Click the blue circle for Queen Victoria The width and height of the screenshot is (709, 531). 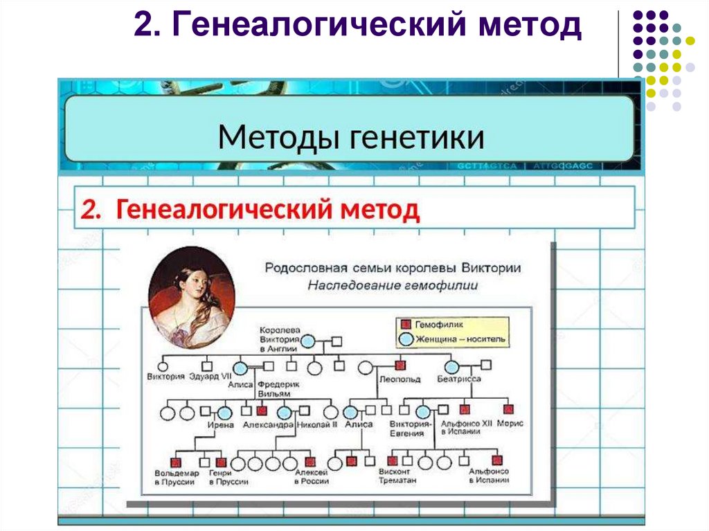point(308,341)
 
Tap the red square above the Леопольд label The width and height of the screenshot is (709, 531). point(400,366)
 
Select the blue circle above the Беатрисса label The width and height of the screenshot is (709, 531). point(451,366)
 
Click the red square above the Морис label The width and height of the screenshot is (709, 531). point(509,409)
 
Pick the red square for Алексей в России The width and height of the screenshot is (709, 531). point(311,461)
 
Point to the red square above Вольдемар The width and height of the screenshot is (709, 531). point(176,461)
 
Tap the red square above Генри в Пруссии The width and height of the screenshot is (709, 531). point(221,461)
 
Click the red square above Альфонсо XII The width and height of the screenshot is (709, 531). point(465,409)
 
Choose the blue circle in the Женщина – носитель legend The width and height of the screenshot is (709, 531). point(406,339)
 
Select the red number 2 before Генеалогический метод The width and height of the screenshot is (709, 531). point(88,209)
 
